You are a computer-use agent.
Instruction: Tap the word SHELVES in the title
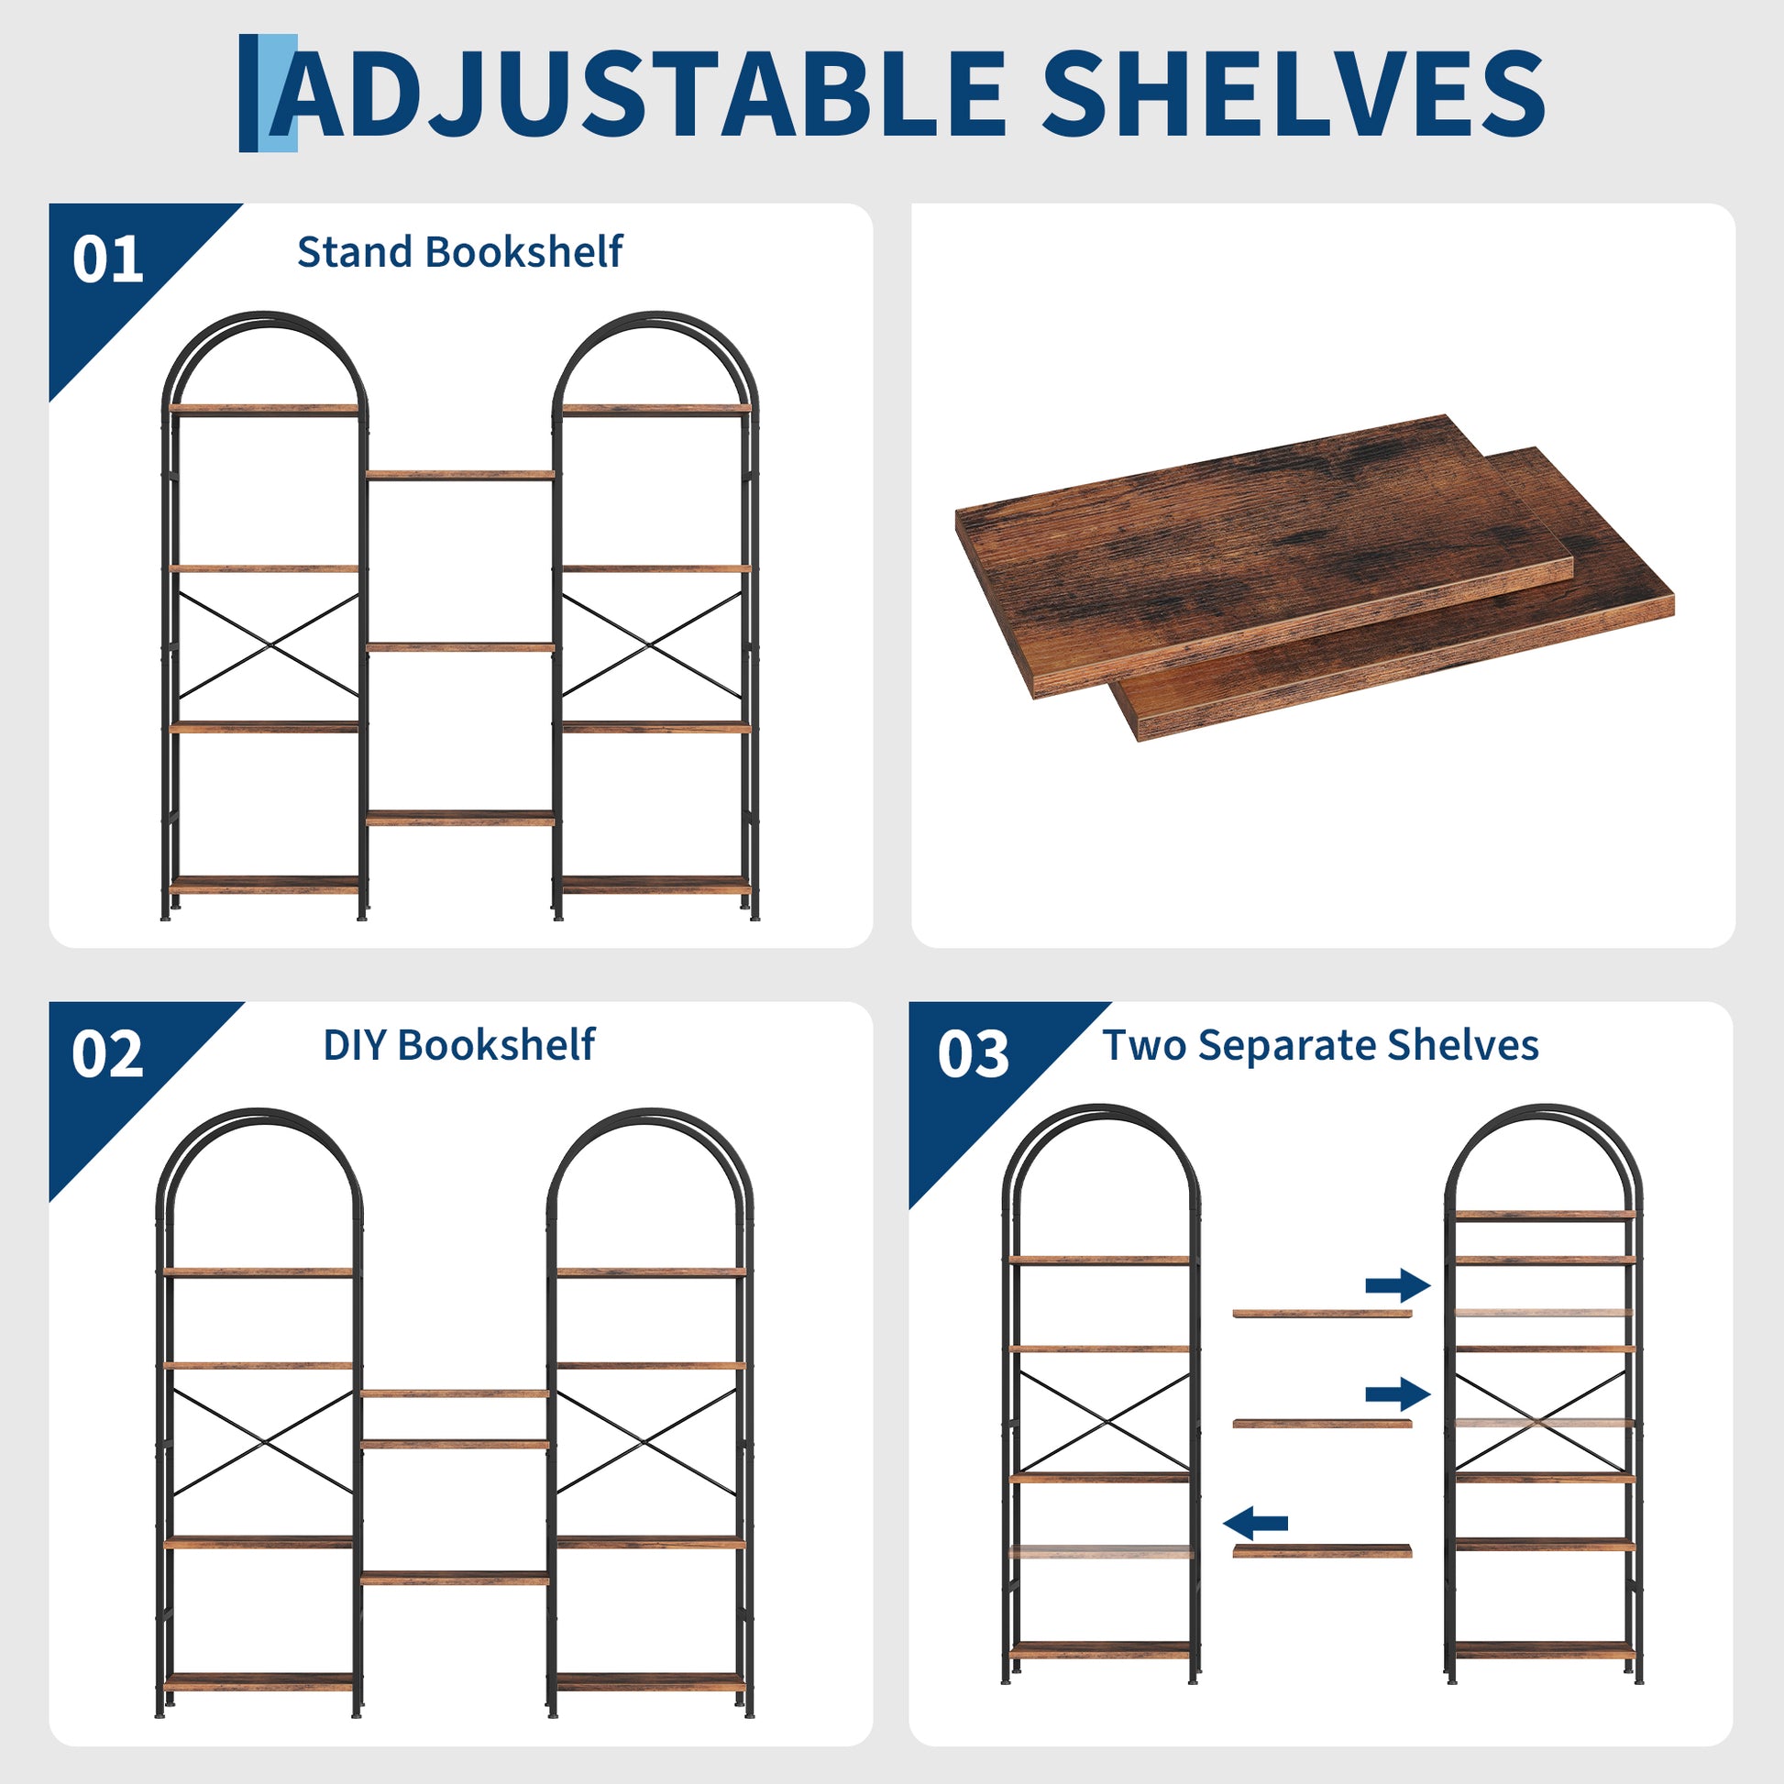1294,93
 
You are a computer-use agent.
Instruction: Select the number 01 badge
108,259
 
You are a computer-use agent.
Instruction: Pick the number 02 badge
108,1053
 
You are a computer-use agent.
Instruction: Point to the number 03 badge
974,1053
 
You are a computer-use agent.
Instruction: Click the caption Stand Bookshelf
460,251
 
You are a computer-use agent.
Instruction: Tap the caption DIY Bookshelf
459,1045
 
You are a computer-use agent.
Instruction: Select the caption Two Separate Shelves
1320,1045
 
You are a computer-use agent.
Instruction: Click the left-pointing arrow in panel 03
1255,1523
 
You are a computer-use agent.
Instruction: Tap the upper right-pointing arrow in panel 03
1398,1284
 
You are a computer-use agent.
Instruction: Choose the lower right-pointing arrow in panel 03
1398,1393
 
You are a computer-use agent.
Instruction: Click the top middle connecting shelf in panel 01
460,475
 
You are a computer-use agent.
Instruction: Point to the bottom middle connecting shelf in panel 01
460,817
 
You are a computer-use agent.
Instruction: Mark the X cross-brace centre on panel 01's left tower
268,645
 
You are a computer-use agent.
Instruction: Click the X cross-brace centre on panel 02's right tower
647,1441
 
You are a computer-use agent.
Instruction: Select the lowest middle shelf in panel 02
455,1578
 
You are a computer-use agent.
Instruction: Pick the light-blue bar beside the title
282,93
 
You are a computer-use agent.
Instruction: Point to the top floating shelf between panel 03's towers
1322,1313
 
